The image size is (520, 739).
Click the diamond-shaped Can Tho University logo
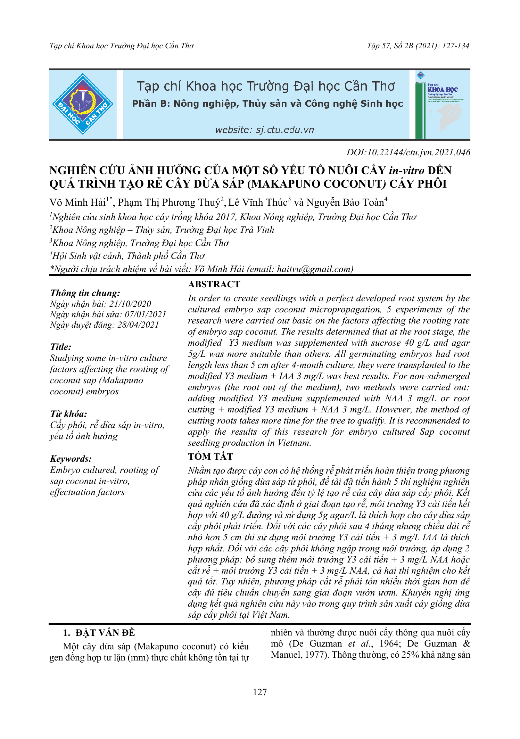pyautogui.click(x=83, y=104)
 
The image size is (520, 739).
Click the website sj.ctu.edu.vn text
pyautogui.click(x=264, y=130)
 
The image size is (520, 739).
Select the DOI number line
pyautogui.click(x=408, y=152)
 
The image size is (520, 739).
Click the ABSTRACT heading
pyautogui.click(x=214, y=284)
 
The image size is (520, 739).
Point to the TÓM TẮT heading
pyautogui.click(x=211, y=456)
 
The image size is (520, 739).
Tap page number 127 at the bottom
pyautogui.click(x=260, y=692)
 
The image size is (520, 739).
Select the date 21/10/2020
pyautogui.click(x=130, y=304)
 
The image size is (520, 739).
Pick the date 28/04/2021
pyautogui.click(x=138, y=325)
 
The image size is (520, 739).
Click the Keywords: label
pyautogui.click(x=71, y=459)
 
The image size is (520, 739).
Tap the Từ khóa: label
pyautogui.click(x=68, y=414)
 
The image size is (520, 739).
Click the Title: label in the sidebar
pyautogui.click(x=61, y=347)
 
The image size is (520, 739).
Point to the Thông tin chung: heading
pyautogui.click(x=85, y=293)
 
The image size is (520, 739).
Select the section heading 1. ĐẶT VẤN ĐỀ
pyautogui.click(x=99, y=633)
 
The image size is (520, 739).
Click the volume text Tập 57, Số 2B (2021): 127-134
pyautogui.click(x=418, y=46)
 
